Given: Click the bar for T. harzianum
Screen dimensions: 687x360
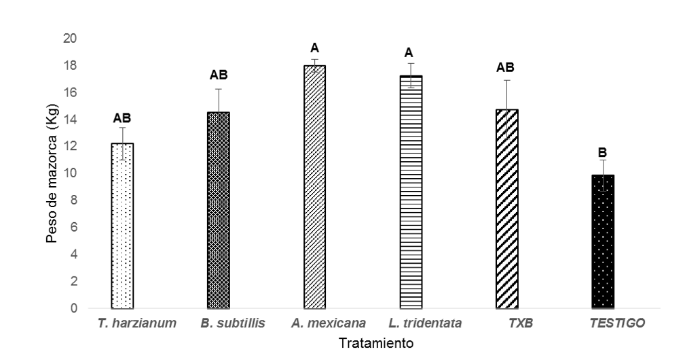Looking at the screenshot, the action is pos(122,226).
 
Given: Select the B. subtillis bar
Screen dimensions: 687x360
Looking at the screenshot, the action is pos(218,210).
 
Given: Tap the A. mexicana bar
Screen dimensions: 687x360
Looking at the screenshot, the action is pos(314,187).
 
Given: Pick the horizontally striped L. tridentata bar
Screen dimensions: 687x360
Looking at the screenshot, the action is pos(411,192).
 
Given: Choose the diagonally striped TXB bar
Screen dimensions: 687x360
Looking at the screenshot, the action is pos(507,209).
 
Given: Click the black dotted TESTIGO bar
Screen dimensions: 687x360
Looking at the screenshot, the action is pos(603,242).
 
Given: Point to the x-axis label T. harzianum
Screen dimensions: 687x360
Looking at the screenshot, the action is pos(137,323).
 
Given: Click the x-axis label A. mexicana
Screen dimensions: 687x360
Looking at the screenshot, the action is pos(329,323).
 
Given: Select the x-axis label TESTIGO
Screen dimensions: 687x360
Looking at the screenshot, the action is pos(617,323).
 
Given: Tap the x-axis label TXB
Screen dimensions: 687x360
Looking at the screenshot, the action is pos(521,323).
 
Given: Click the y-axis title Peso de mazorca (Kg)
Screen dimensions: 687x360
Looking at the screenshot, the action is pos(52,173).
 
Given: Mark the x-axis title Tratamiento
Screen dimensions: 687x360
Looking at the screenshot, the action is pos(376,343).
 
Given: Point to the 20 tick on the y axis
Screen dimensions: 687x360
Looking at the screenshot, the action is pos(70,39).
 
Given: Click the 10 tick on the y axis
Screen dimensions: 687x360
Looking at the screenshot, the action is pos(70,173).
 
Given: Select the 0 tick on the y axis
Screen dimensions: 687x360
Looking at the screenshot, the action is pos(73,308).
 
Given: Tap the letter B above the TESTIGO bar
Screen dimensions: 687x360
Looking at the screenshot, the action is pos(602,153).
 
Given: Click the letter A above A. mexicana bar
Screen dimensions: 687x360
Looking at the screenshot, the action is pos(314,48).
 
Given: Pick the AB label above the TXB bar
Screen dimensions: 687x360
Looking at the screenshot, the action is pos(505,67).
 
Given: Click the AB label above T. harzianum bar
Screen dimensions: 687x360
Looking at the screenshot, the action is pos(122,118).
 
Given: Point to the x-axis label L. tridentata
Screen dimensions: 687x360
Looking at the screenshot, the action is pos(425,323).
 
